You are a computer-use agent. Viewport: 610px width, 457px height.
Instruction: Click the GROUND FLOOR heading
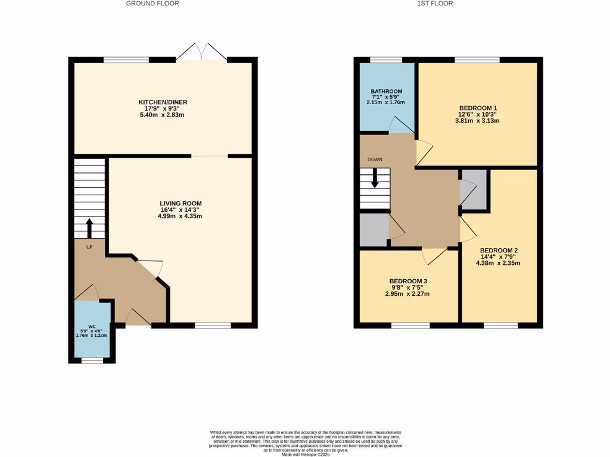tap(152, 4)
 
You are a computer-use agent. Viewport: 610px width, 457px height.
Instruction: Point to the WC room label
tap(92, 327)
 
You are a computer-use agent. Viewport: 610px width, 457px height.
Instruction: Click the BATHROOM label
tap(386, 92)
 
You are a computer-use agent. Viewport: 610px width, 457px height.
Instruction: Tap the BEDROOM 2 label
tap(499, 250)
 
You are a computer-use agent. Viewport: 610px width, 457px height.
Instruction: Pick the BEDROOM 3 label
tap(408, 281)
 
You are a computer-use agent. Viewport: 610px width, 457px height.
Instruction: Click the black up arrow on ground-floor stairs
tap(89, 228)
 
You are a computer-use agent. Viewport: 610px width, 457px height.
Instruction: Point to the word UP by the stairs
tap(89, 247)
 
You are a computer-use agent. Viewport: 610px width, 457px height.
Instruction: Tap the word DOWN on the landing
tap(375, 159)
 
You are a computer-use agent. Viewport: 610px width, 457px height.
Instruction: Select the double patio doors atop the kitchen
tap(201, 52)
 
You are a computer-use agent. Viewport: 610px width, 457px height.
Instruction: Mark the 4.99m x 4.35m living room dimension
tap(180, 216)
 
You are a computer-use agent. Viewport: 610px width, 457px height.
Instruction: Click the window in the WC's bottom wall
tap(92, 360)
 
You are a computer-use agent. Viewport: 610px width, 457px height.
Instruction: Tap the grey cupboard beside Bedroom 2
tap(474, 189)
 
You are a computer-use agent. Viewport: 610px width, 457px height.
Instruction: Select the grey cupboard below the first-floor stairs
tap(374, 228)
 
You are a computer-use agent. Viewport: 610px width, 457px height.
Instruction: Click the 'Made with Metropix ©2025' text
tap(305, 455)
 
